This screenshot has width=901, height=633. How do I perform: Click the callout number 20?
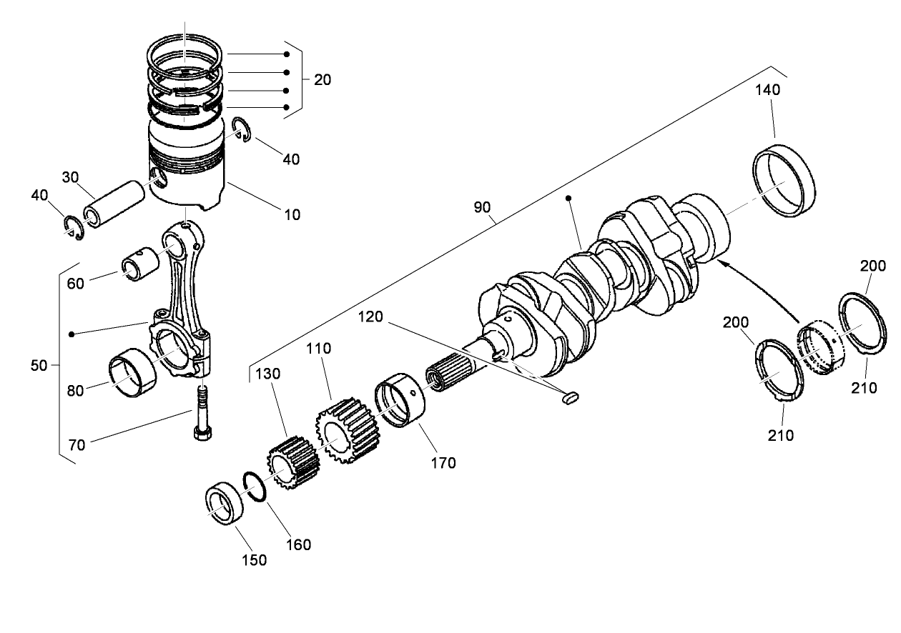click(x=322, y=80)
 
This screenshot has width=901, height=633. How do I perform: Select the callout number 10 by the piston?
click(x=291, y=214)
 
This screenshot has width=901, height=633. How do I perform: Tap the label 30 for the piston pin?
click(x=69, y=176)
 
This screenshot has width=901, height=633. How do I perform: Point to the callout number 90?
click(x=482, y=208)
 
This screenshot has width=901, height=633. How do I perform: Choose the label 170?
click(x=443, y=463)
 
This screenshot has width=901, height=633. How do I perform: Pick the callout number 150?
click(x=254, y=560)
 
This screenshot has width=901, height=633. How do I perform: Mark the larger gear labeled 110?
click(x=345, y=430)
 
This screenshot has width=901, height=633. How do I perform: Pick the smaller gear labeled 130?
click(x=292, y=464)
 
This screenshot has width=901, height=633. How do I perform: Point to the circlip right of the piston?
click(x=242, y=130)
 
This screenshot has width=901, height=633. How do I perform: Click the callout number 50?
click(x=39, y=366)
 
